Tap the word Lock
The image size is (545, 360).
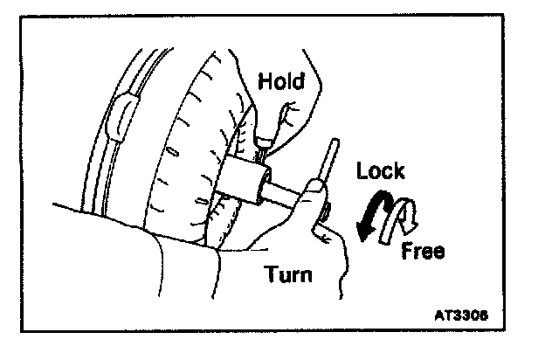380,170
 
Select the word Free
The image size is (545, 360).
423,253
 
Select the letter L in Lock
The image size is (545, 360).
362,170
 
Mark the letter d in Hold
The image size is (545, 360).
300,82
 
